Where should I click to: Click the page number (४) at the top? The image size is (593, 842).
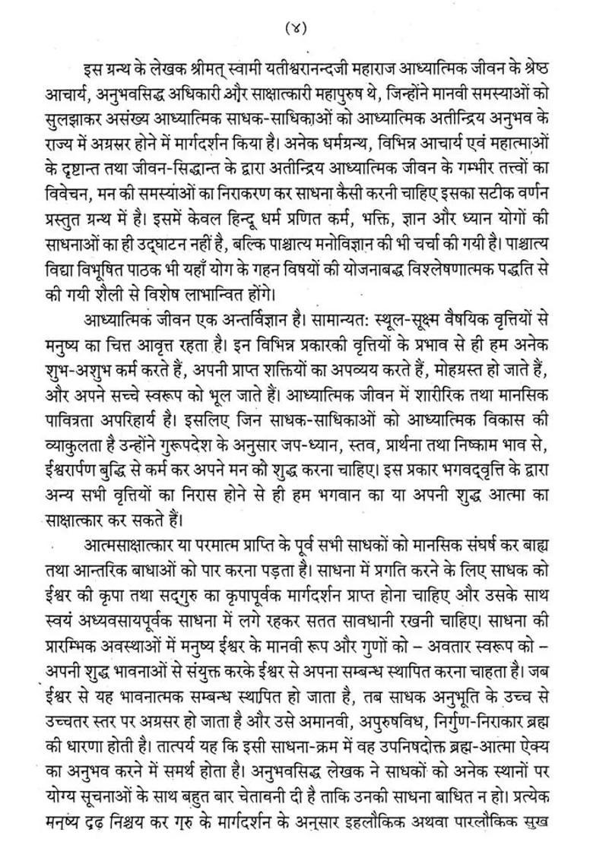click(296, 28)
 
